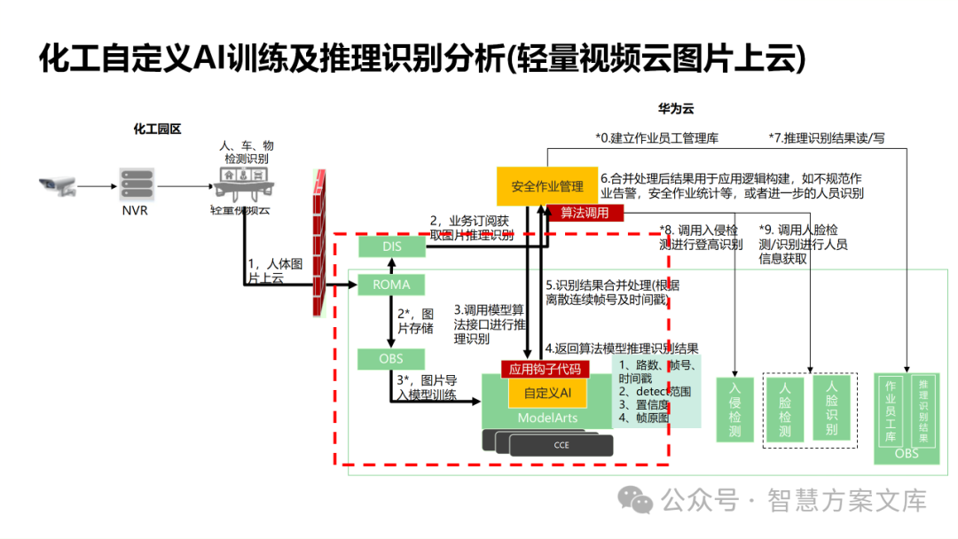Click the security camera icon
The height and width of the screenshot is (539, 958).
coord(58,186)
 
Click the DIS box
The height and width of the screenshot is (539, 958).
coord(391,247)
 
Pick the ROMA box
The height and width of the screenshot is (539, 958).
coord(391,285)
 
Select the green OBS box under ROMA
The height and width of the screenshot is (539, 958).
coord(391,359)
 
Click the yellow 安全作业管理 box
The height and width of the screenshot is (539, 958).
coord(546,186)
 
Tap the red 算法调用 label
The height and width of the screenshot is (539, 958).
coord(585,213)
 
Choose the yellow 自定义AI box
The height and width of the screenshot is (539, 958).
coord(546,392)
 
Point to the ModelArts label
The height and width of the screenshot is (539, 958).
coord(546,418)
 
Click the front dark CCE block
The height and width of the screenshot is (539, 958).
coord(561,445)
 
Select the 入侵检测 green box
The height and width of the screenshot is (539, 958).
coord(734,410)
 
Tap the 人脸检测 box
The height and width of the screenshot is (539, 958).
coord(785,410)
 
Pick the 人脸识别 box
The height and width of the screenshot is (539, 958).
coord(831,408)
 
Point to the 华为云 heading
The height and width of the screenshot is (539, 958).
coord(675,109)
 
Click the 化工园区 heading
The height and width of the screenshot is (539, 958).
coord(157,129)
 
